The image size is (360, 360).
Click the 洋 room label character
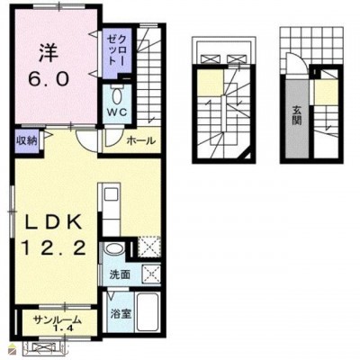click(48, 54)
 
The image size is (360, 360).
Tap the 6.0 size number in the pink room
click(49, 79)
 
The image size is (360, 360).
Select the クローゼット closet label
click(116, 50)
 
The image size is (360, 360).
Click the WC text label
click(117, 112)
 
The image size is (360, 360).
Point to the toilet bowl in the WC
click(116, 96)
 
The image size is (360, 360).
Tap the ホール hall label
click(141, 140)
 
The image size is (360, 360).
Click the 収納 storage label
click(26, 140)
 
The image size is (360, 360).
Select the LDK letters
click(53, 222)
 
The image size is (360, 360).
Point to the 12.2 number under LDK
click(54, 248)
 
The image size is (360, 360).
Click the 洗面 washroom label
click(120, 274)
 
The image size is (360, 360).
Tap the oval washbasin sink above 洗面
click(113, 250)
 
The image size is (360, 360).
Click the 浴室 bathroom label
click(121, 314)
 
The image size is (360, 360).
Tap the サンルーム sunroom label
click(57, 319)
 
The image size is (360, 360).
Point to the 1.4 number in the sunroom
click(64, 328)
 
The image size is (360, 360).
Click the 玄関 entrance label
click(297, 116)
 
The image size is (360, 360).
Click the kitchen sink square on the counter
click(110, 195)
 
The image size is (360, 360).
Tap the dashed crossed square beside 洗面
click(151, 273)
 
